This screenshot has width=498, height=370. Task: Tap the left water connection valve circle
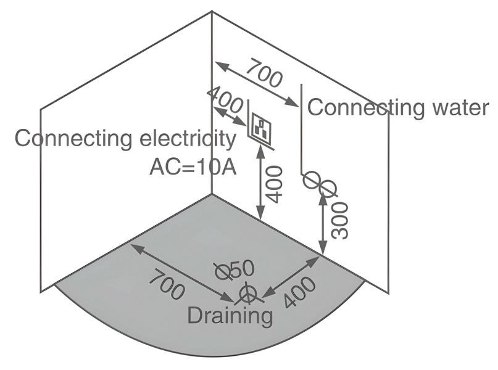[x=312, y=180]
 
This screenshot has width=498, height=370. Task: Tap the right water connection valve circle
[x=327, y=187]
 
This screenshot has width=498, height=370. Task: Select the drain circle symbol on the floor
[x=248, y=294]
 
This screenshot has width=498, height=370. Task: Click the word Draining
[x=230, y=316]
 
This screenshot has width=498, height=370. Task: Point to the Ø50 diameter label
[x=234, y=270]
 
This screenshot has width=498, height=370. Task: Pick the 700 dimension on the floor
[x=166, y=284]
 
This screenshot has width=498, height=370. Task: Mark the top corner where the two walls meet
[x=212, y=12]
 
